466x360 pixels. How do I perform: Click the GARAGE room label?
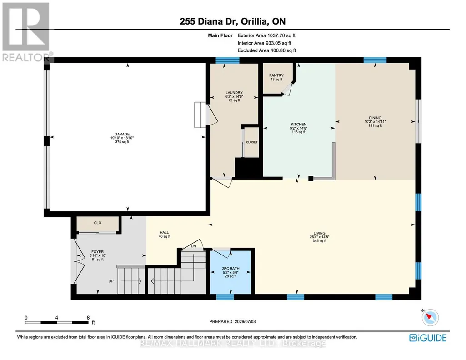(122, 134)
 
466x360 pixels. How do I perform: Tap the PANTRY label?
(276, 75)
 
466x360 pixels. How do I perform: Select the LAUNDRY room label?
(234, 93)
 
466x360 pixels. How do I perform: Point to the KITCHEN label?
(299, 125)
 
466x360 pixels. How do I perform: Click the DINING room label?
(375, 118)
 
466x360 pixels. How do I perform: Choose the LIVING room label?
(320, 233)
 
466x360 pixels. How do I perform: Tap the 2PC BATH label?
(230, 269)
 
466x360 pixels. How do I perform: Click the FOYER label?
(97, 251)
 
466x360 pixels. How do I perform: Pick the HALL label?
(164, 233)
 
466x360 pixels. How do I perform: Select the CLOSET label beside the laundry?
(252, 142)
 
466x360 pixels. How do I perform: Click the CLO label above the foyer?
(97, 223)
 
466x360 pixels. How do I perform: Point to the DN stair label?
(194, 246)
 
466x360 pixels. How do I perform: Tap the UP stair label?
(111, 281)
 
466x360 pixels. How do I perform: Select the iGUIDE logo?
(428, 338)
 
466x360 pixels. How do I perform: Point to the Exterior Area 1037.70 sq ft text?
(266, 35)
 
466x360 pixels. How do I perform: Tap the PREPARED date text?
(232, 321)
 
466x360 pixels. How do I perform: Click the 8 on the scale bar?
(88, 318)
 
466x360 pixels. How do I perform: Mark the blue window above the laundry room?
(227, 60)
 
